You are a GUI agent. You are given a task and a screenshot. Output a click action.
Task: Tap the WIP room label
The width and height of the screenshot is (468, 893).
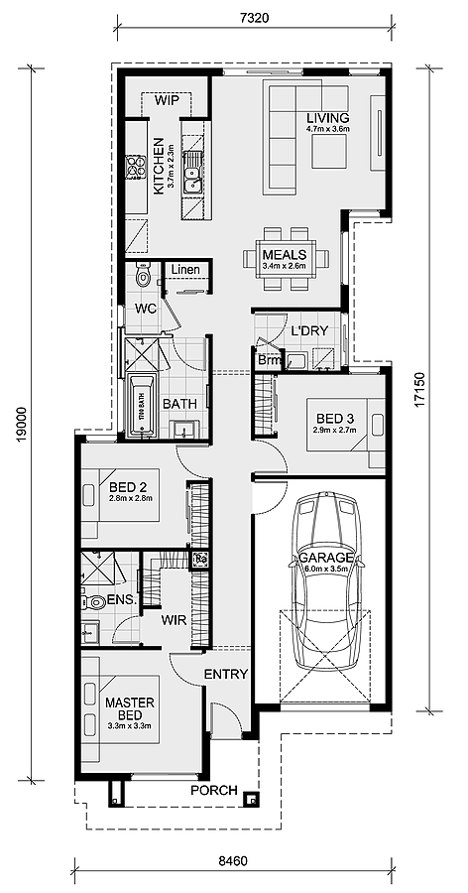pyautogui.click(x=166, y=99)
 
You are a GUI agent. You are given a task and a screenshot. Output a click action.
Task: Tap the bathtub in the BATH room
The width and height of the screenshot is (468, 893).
pyautogui.click(x=143, y=405)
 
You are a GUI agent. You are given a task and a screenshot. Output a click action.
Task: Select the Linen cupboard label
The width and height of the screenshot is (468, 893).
pyautogui.click(x=185, y=270)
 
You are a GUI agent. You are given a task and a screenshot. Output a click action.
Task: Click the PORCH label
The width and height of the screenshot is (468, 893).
pyautogui.click(x=215, y=790)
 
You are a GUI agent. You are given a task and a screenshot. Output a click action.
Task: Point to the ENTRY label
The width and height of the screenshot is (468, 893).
pyautogui.click(x=225, y=675)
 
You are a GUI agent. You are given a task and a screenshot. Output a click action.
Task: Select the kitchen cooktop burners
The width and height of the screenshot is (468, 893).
pyautogui.click(x=133, y=171)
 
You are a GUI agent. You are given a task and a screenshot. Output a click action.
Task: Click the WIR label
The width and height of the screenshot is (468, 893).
pyautogui.click(x=175, y=619)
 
